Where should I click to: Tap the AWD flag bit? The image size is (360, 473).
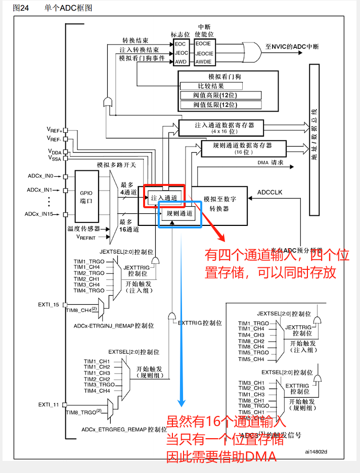click(x=180, y=62)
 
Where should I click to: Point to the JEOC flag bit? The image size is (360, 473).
click(x=181, y=53)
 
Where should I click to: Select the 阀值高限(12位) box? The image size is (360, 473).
click(x=220, y=96)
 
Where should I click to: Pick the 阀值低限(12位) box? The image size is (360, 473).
click(x=220, y=105)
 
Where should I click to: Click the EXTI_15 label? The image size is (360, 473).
click(x=49, y=305)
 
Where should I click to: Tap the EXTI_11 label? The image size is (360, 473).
click(x=49, y=405)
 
